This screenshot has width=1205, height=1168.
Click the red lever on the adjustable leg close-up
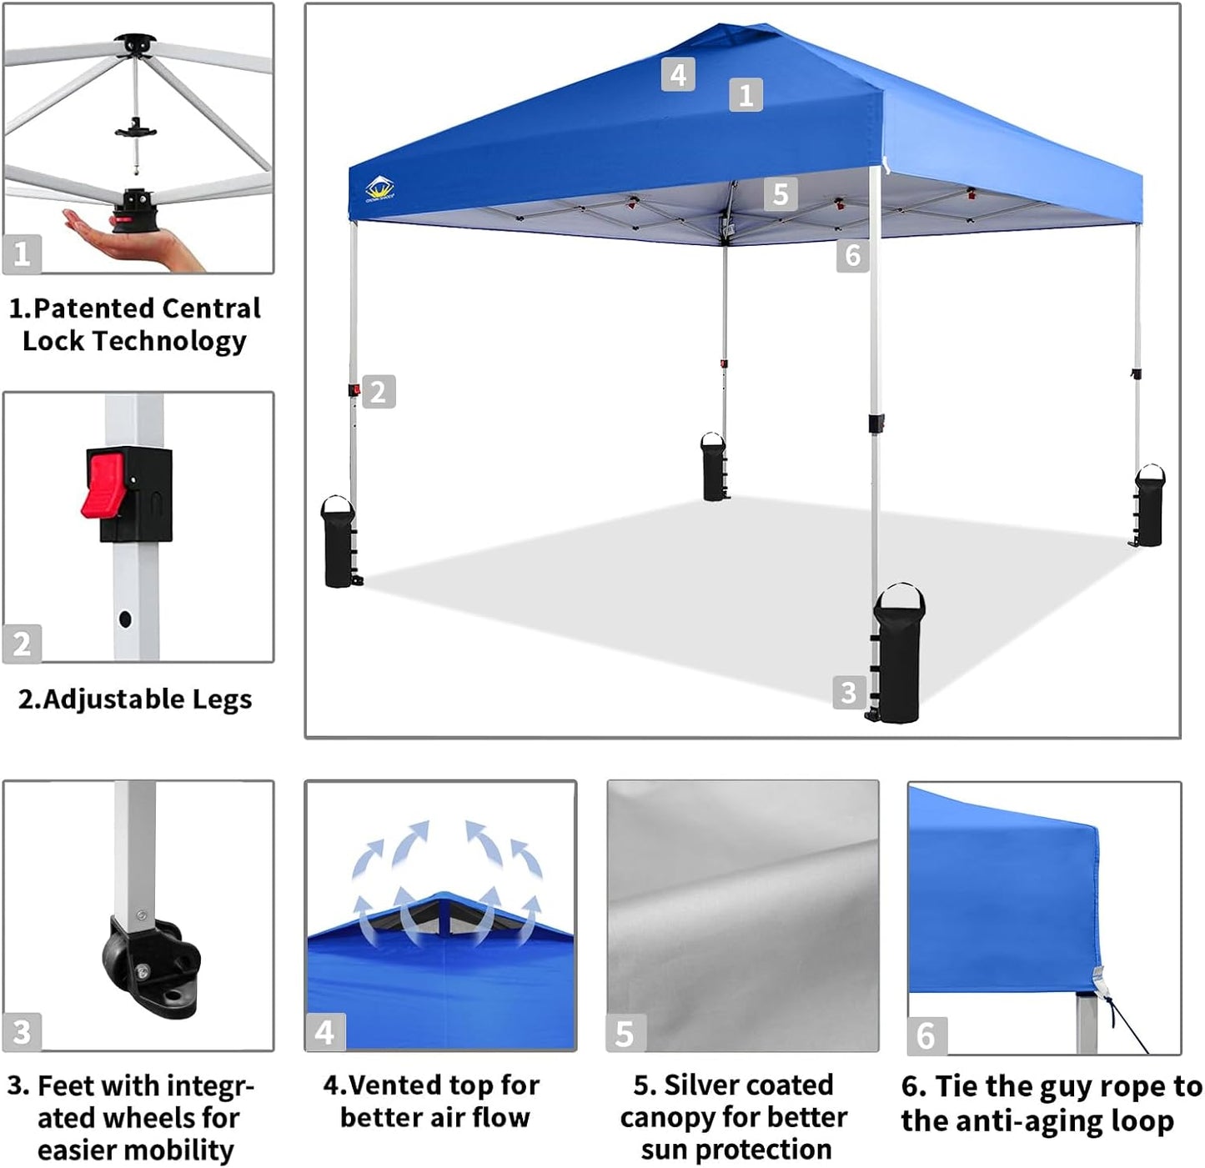click(x=105, y=484)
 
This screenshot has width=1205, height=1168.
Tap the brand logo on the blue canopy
click(x=379, y=190)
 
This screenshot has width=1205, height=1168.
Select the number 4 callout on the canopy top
click(x=678, y=75)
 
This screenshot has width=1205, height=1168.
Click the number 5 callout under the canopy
click(x=781, y=194)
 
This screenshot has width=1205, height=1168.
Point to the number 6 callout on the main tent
click(x=852, y=255)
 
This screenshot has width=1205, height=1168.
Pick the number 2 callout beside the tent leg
click(x=379, y=392)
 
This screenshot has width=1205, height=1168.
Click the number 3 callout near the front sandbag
click(x=849, y=692)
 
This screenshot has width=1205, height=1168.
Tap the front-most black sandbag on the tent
click(x=899, y=659)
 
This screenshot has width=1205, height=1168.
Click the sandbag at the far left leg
click(x=339, y=544)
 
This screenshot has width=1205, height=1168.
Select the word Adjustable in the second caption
click(x=115, y=699)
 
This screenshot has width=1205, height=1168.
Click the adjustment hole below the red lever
click(x=125, y=619)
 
